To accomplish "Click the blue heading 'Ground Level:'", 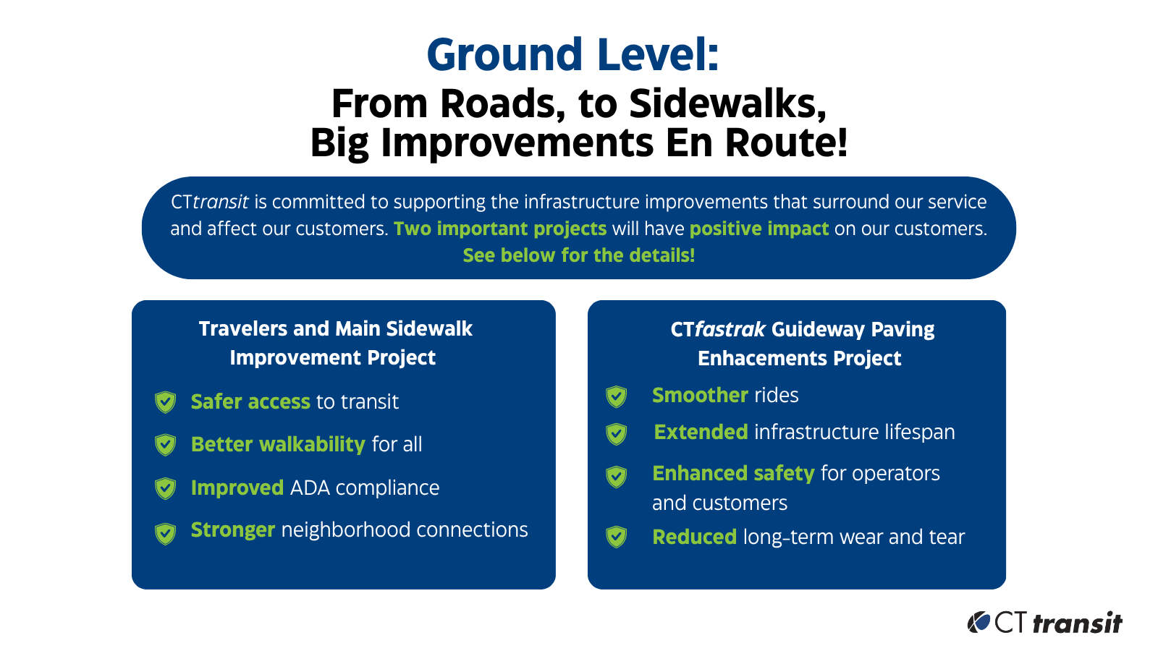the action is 572,55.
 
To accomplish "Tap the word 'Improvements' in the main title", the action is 517,143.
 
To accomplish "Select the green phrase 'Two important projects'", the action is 500,229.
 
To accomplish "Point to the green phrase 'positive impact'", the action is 759,229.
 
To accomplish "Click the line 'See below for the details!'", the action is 578,255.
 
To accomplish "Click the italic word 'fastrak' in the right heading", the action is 730,329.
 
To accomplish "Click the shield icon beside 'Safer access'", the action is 166,402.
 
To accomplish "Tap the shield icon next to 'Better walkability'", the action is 166,445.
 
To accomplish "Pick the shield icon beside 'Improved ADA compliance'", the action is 166,488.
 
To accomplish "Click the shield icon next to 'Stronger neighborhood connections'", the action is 166,534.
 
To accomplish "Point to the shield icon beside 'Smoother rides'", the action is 616,396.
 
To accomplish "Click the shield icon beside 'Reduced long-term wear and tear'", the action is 616,537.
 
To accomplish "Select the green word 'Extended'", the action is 701,432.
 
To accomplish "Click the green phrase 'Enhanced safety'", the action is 734,473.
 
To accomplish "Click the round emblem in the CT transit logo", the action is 979,622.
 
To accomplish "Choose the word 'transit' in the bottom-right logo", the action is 1078,623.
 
